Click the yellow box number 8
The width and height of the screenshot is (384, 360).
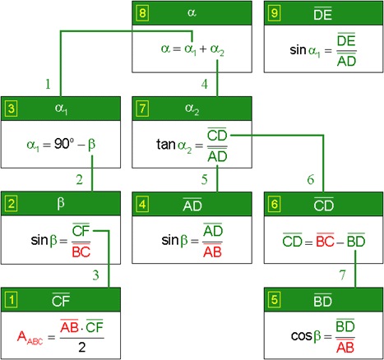[142, 13]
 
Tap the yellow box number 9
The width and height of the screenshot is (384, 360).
[275, 13]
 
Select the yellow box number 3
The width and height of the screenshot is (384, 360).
[11, 108]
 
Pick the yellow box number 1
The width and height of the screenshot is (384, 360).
[11, 300]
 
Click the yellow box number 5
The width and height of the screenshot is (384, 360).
[275, 300]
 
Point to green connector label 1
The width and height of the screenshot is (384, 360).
[48, 84]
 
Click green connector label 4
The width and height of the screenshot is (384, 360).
[205, 84]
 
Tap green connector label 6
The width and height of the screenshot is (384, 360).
[311, 179]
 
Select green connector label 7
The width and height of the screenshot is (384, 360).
[343, 275]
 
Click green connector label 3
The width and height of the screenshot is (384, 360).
[95, 275]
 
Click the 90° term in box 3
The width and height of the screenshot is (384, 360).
[64, 144]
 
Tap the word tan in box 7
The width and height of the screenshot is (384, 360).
[166, 144]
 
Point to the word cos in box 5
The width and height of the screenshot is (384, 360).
[302, 336]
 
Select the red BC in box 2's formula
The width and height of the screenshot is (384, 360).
[81, 251]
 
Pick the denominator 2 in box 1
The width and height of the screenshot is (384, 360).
[82, 348]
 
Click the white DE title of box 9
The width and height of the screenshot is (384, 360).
[323, 13]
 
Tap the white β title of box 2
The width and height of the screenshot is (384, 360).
[61, 204]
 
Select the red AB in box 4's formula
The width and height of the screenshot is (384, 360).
[212, 251]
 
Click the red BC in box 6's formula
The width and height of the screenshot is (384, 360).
[325, 241]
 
